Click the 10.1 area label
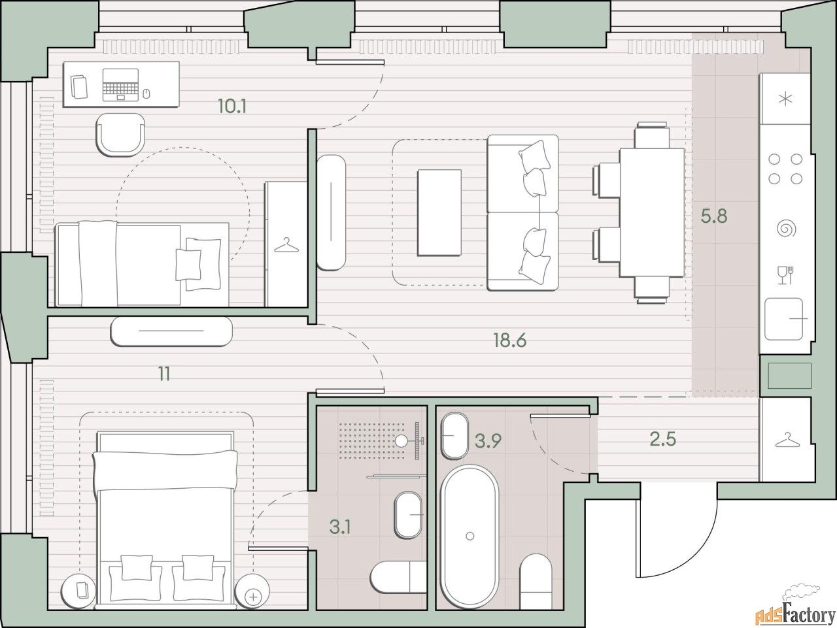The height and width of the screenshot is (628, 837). [232, 106]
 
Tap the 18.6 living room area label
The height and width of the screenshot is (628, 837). [510, 340]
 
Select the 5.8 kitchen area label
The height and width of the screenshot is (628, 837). [714, 216]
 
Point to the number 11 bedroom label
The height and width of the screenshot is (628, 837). [164, 374]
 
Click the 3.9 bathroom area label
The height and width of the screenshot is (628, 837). [488, 441]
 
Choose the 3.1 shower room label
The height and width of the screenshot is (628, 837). [340, 527]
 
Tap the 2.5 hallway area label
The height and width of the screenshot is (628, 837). [663, 439]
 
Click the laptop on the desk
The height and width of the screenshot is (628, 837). [120, 85]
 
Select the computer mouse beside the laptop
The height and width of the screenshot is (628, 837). [146, 93]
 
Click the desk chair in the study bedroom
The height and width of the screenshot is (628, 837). [120, 135]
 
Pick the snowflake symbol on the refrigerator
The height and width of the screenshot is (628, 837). [785, 99]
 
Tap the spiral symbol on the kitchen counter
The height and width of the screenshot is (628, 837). [786, 229]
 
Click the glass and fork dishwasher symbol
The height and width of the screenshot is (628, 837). [785, 274]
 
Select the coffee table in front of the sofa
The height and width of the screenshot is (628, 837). [439, 212]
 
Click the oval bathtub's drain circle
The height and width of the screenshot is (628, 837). [470, 536]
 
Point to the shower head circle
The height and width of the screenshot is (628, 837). [401, 441]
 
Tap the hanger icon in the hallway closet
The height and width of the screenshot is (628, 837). [787, 440]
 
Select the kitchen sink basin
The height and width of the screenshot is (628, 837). [784, 320]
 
